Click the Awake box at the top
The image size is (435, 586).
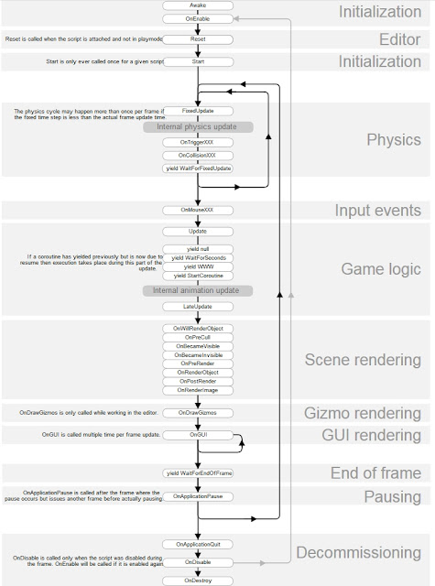pos(198,5)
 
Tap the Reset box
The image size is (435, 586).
pos(198,40)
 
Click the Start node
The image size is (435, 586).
pos(198,61)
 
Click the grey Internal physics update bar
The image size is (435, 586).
pos(198,127)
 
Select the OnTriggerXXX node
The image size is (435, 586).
pos(198,144)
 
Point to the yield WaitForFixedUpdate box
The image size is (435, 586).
pos(198,168)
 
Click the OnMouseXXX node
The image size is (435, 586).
pos(198,211)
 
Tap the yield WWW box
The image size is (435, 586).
pos(198,267)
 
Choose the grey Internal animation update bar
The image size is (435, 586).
pos(198,290)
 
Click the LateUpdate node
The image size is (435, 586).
pos(198,306)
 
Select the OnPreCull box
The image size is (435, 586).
pos(198,337)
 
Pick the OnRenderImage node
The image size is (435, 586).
pos(198,390)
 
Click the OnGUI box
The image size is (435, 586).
pos(198,434)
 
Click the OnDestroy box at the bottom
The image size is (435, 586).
pos(198,580)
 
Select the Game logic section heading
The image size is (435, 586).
pos(380,269)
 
